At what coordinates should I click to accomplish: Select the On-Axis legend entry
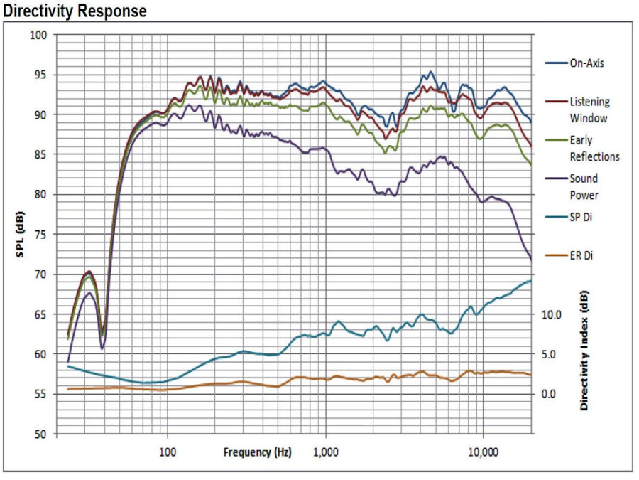coord(586,63)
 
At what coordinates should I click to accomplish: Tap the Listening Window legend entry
coord(589,110)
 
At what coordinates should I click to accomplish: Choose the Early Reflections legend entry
coord(594,148)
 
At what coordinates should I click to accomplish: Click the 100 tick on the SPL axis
coord(38,35)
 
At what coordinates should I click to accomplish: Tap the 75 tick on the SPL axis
coord(41,234)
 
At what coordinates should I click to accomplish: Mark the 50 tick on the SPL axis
coord(41,434)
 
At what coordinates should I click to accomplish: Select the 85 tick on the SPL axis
coord(41,154)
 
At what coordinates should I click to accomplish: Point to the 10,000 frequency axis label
coord(483,452)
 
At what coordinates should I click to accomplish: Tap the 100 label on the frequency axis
coord(168,452)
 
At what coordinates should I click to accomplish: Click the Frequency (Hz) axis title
coord(257,452)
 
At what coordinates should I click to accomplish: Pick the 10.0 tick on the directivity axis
coord(552,314)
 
